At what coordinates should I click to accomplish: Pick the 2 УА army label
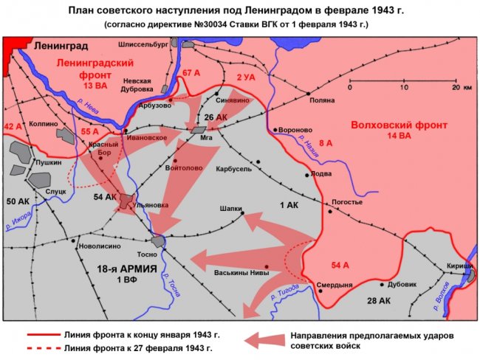coord(246,77)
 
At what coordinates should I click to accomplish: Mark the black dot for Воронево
coord(275,130)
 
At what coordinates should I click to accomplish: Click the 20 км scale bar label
coord(463,87)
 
